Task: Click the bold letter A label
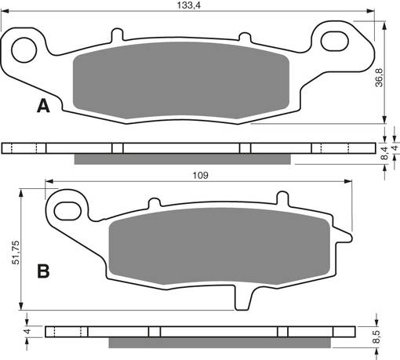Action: [42, 106]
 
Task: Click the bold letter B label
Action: [44, 271]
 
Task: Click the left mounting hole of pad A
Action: [26, 46]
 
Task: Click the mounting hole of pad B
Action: [68, 209]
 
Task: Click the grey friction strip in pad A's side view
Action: [182, 159]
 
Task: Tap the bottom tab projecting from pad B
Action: [245, 299]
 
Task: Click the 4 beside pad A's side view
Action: [395, 147]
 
